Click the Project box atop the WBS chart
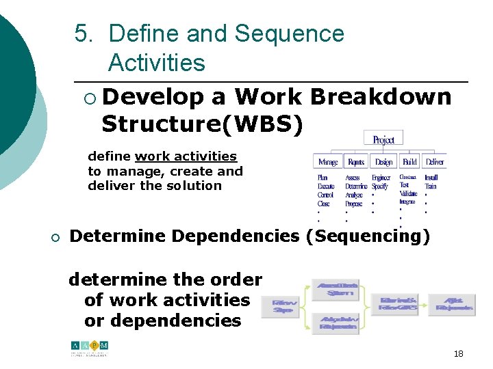(x=383, y=139)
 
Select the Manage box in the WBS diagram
(x=327, y=162)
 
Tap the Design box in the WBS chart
(x=383, y=162)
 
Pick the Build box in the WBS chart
(x=409, y=162)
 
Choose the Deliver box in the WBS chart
(x=434, y=162)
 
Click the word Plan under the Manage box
(x=323, y=178)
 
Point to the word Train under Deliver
(x=431, y=186)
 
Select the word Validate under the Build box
(x=408, y=194)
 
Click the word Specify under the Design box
(x=380, y=186)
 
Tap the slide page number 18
(x=458, y=354)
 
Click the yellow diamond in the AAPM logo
(x=97, y=345)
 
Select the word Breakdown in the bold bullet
(x=381, y=97)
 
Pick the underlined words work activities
(x=186, y=156)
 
